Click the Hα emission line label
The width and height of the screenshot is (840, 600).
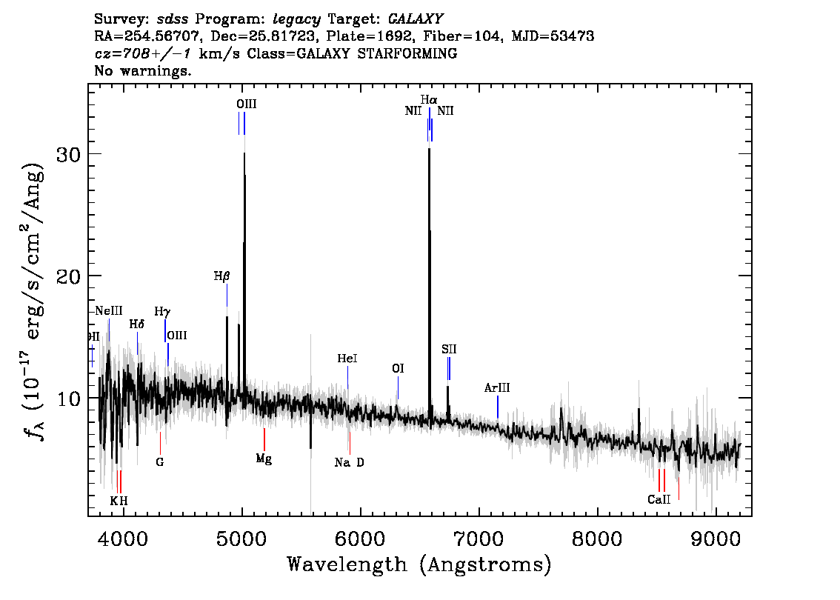pos(429,100)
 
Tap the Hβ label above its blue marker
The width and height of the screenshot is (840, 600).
pos(221,276)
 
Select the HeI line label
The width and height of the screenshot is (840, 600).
pos(347,359)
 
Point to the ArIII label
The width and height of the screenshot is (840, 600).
pos(497,388)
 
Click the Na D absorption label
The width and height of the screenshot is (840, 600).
pos(350,462)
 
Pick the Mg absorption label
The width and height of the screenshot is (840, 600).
pos(264,459)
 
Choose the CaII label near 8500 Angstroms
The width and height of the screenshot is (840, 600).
pos(659,500)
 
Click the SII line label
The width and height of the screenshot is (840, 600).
pos(449,350)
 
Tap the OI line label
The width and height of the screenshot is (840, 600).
pos(398,369)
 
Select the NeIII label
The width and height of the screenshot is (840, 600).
pos(109,311)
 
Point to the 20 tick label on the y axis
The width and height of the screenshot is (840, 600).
pos(68,276)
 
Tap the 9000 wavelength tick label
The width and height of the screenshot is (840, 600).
pos(715,539)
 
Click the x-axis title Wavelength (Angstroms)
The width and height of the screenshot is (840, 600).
pos(419,564)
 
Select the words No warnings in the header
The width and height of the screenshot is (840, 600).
pos(142,70)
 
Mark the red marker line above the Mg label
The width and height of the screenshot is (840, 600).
pos(264,439)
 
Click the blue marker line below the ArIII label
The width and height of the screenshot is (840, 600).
pos(498,407)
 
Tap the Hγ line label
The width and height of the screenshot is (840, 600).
pos(162,312)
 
